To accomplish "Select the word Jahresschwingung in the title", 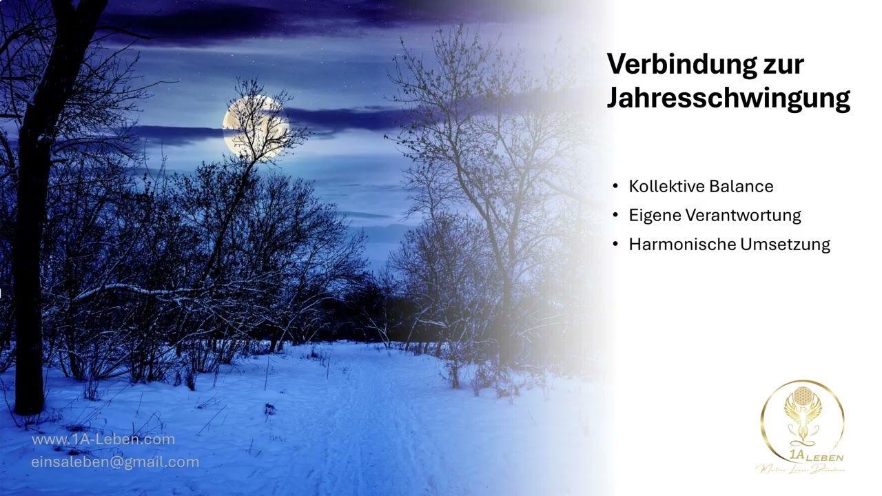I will pos(728,98).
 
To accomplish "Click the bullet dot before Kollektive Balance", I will pos(615,186).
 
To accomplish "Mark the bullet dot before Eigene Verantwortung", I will pos(615,215).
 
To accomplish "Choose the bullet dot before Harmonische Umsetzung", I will pos(615,244).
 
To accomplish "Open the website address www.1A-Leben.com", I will pos(103,439).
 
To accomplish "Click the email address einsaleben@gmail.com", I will pos(115,462).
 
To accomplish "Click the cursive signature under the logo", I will pos(801,470).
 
